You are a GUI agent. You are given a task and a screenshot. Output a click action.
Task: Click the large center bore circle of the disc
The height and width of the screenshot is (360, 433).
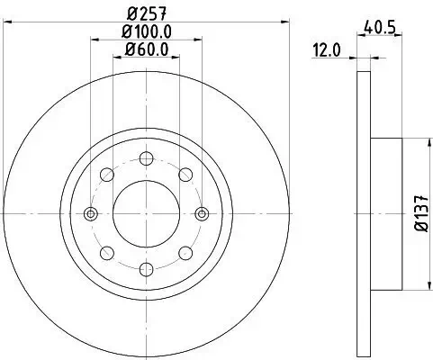pos(144,213)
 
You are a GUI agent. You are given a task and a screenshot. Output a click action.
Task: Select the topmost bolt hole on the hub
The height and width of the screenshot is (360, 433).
pos(144,158)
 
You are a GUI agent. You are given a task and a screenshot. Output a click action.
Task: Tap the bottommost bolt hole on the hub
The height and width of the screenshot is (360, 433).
pos(144,268)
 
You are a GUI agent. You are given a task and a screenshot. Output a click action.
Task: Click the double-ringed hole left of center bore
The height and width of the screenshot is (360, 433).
pos(90,213)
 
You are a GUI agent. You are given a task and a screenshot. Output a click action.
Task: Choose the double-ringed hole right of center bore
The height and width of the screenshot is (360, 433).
pos(200,213)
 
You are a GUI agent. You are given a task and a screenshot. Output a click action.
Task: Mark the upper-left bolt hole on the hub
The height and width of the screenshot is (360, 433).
pos(106,175)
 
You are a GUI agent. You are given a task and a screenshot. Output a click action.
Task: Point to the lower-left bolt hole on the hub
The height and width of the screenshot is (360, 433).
pos(106,252)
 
